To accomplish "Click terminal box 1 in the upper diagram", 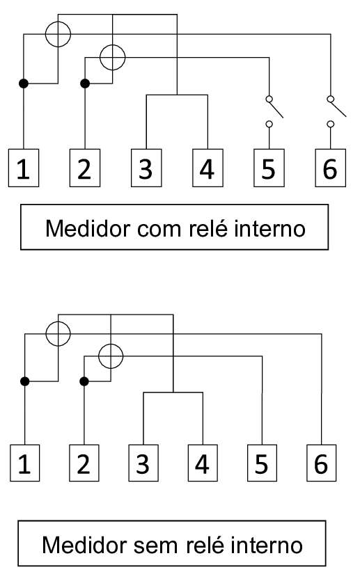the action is (x=24, y=168).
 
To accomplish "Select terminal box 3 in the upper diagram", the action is (x=146, y=168).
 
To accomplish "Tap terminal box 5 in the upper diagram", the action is (x=269, y=168).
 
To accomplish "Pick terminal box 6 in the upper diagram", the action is (x=330, y=168).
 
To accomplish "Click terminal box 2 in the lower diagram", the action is (x=84, y=463).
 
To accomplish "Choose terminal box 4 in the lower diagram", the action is (x=203, y=463).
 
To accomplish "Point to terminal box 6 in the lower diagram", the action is (x=321, y=463).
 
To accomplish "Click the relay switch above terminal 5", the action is (x=274, y=111).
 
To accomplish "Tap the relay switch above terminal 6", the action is (x=336, y=111).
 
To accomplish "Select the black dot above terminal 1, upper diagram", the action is (x=24, y=83).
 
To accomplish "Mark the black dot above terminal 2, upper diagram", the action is (x=85, y=83).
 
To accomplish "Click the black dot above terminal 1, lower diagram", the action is (x=24, y=381).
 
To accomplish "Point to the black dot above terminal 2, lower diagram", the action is (x=84, y=381).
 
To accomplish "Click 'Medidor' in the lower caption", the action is (x=84, y=545).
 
